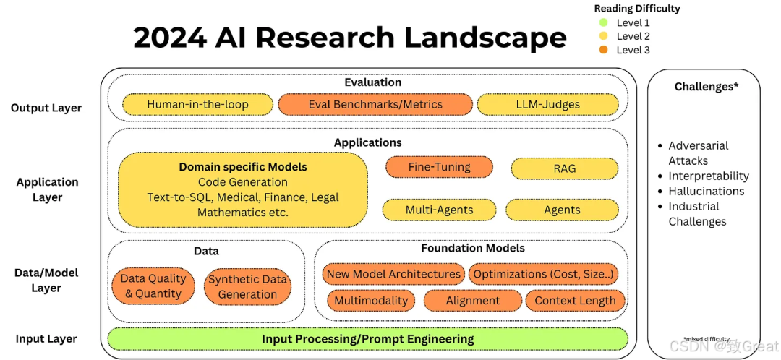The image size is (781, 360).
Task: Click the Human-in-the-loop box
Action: [197, 105]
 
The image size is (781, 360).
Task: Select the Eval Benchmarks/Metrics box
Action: [375, 105]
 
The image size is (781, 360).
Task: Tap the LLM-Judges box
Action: [548, 105]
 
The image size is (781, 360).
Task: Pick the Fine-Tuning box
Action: [439, 167]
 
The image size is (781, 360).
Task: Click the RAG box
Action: [565, 168]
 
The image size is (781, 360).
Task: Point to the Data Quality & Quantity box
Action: [153, 286]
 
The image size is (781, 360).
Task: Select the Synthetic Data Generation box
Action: [247, 287]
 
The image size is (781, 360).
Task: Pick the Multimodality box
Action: [371, 300]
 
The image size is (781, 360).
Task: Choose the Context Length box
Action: [575, 300]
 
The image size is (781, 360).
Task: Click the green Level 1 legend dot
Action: [604, 22]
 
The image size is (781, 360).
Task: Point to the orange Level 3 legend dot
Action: [604, 50]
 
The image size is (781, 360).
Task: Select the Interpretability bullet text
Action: [709, 176]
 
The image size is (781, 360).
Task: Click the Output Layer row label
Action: [46, 108]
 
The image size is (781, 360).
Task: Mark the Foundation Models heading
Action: [473, 247]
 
